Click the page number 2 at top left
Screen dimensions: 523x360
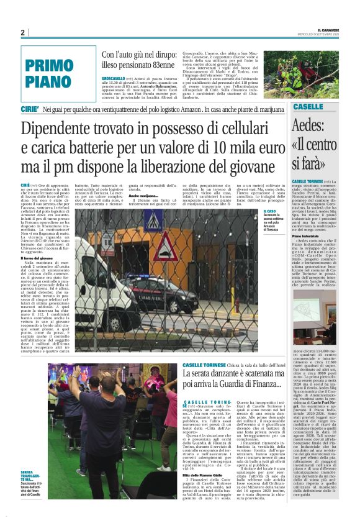(x=22, y=32)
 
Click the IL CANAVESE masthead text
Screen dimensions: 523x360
(x=333, y=29)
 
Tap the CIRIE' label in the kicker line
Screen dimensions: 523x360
(x=32, y=109)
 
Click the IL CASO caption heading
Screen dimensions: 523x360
(x=268, y=211)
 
